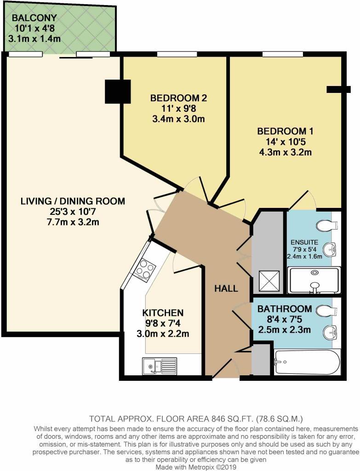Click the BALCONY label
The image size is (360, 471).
point(34,18)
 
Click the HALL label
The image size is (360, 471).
point(226,289)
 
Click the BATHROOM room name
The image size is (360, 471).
point(284,309)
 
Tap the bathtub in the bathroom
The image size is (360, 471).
point(307,362)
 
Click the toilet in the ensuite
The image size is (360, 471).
point(327,226)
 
